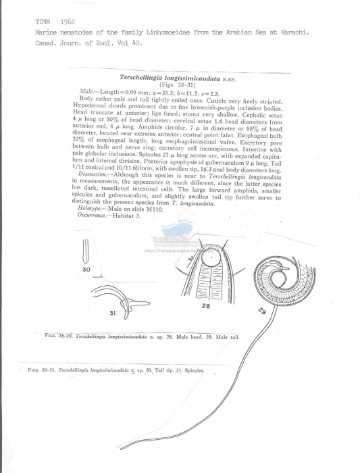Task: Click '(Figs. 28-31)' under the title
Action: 179,84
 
